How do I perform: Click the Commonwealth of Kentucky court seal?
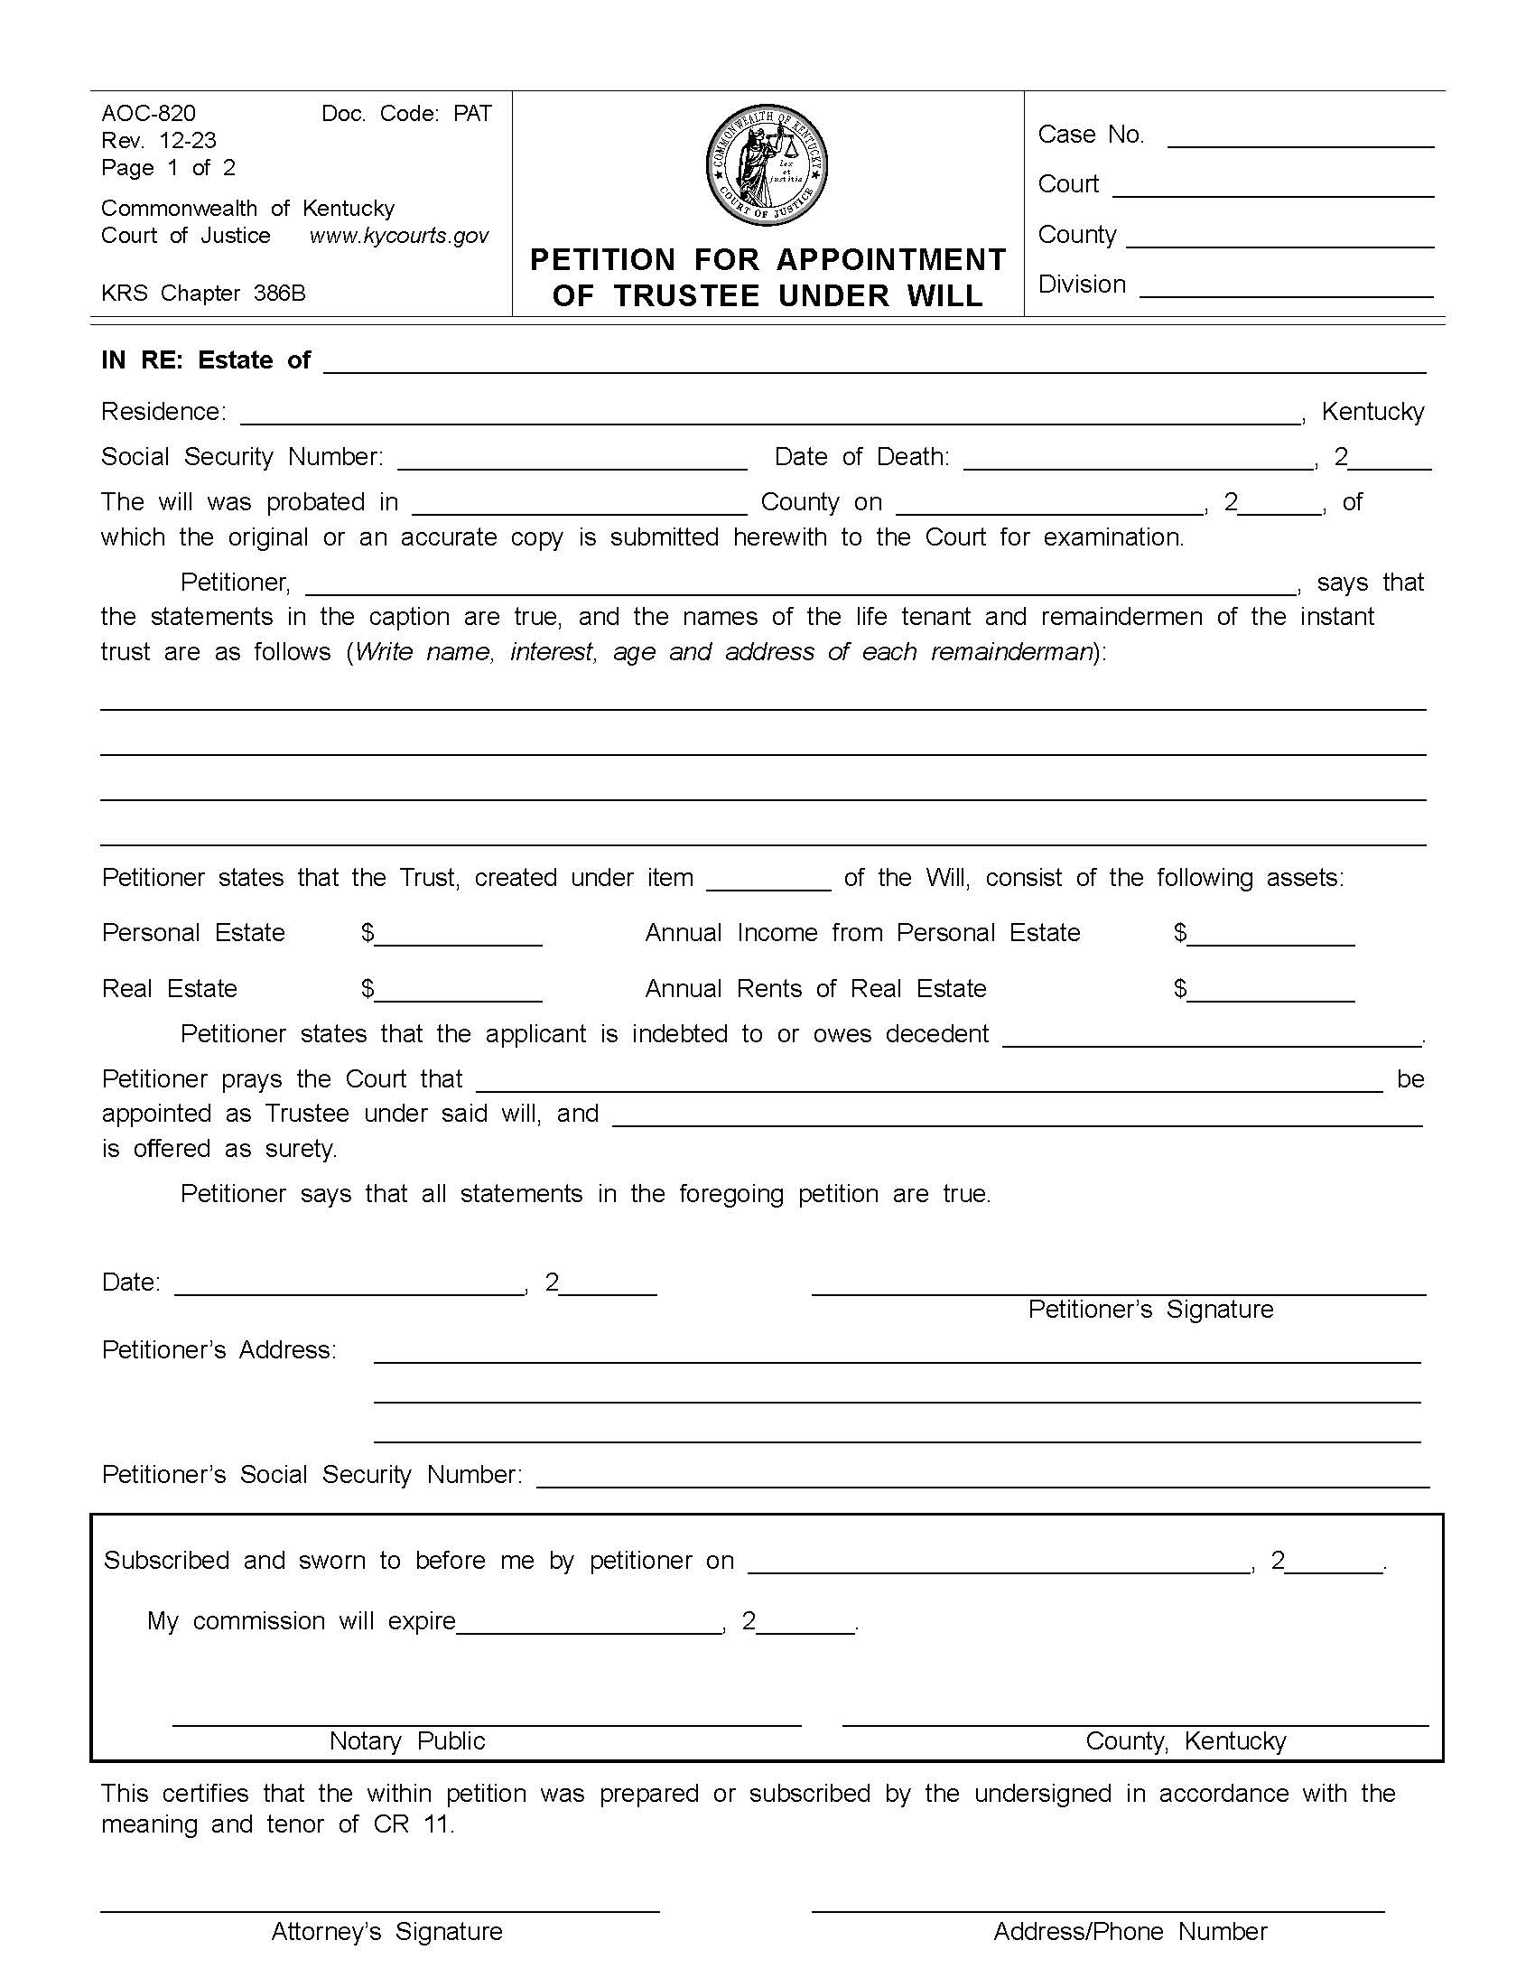point(767,165)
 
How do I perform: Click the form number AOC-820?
point(148,113)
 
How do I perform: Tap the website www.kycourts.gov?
point(399,236)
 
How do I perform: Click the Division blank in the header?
point(1286,288)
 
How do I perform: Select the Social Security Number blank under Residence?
point(572,461)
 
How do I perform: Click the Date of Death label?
point(861,457)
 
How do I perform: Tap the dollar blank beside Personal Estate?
point(458,938)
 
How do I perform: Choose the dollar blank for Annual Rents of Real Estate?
point(1270,993)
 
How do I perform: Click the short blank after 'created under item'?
point(768,882)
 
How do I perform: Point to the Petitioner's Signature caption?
point(1150,1310)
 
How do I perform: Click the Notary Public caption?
point(406,1740)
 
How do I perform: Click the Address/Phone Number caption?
point(1130,1932)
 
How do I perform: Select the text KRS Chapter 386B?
point(203,293)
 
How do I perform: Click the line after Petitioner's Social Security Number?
point(982,1479)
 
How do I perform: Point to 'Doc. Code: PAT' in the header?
point(406,113)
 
